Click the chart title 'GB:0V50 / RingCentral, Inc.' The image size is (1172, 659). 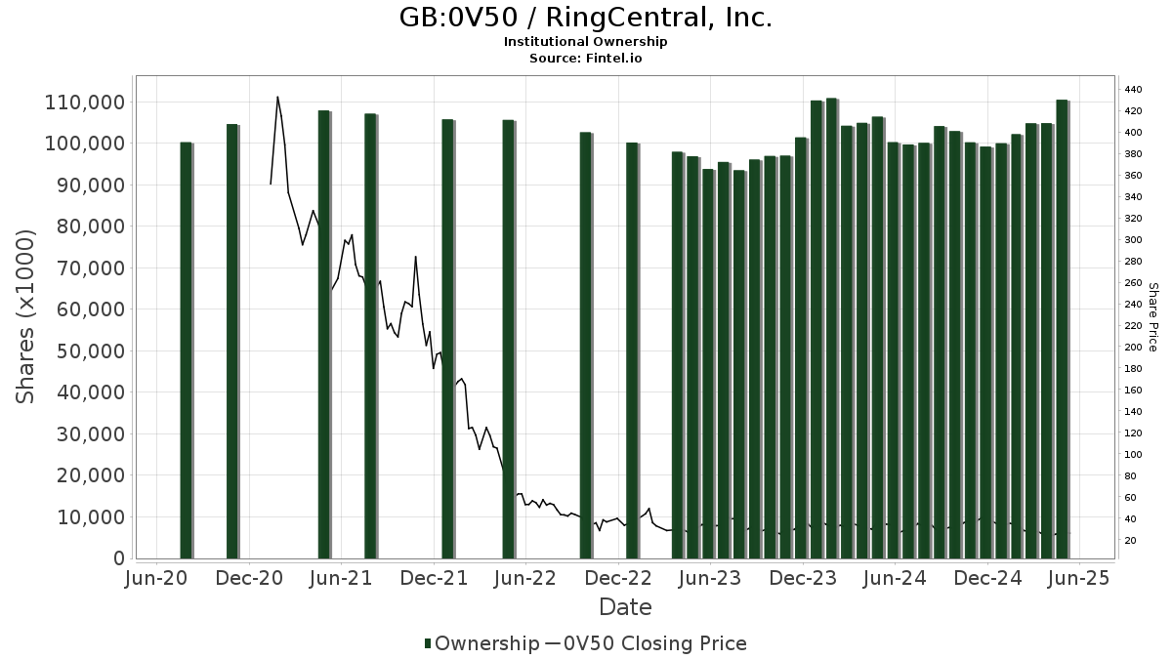point(586,18)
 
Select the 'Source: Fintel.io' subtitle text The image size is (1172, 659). point(586,59)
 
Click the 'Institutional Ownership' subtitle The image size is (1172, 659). point(586,42)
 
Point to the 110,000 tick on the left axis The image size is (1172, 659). point(85,103)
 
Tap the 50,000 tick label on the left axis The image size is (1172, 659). point(89,351)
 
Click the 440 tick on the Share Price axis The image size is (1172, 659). point(1133,89)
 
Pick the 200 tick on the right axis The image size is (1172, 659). point(1133,347)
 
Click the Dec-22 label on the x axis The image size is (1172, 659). point(619,579)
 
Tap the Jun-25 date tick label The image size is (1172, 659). point(1079,579)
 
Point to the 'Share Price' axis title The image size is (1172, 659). point(1152,316)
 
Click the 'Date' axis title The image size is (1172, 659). point(625,607)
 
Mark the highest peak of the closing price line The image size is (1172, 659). point(277,97)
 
